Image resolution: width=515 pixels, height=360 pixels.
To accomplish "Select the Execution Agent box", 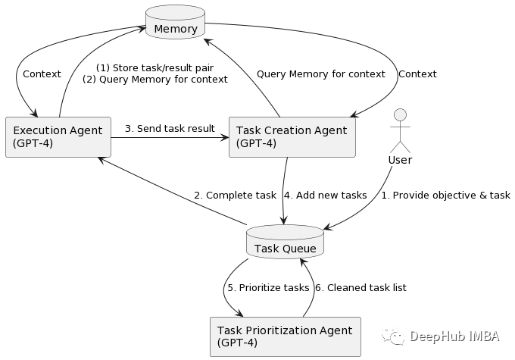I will point(58,136).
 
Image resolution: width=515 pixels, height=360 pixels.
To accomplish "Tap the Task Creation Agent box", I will point(292,136).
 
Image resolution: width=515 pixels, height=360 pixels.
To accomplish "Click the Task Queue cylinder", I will point(285,243).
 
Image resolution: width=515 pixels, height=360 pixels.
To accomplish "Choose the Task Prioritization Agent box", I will point(284,336).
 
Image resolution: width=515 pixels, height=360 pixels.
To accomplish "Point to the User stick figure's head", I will point(400,115).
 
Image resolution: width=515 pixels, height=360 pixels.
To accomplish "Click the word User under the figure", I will point(400,160).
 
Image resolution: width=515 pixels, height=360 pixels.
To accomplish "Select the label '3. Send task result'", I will point(170,128).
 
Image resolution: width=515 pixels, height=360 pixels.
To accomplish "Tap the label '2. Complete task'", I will point(235,195).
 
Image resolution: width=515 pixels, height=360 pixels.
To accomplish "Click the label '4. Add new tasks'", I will point(325,195).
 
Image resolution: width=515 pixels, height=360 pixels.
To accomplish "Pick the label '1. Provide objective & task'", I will point(445,195).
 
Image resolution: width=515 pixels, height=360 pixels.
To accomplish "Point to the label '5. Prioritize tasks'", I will point(268,287).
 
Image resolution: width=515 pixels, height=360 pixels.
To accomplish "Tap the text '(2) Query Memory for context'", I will point(154,79).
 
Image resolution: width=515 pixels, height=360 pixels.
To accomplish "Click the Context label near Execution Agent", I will point(42,74).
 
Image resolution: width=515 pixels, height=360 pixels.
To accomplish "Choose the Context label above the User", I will point(417,74).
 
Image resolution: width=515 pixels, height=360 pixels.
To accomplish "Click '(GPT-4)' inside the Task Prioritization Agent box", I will point(237,343).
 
